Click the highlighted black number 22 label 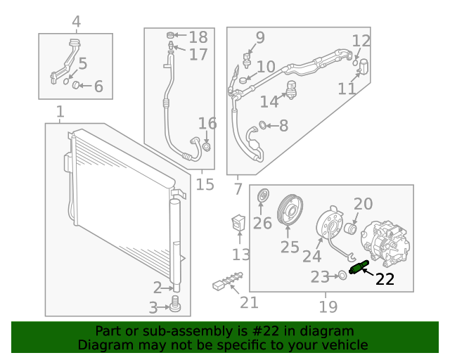(385, 279)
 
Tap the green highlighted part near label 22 (358, 268)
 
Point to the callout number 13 (241, 254)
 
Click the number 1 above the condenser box (60, 112)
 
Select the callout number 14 (269, 102)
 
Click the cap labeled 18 (170, 36)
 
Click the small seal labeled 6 (79, 86)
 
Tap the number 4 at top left (76, 22)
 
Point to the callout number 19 (328, 306)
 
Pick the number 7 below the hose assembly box (238, 188)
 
